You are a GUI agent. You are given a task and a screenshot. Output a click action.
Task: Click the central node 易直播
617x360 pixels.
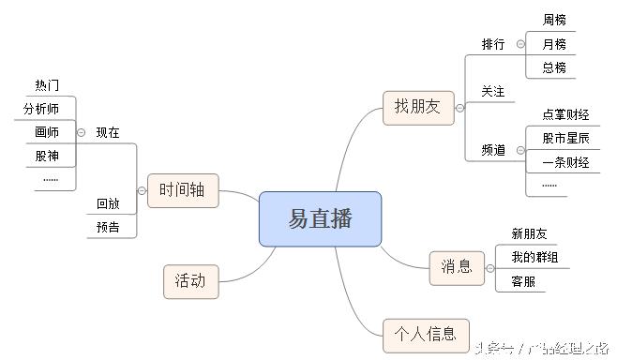pos(320,219)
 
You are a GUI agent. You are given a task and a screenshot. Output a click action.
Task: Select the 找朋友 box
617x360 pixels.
pos(418,108)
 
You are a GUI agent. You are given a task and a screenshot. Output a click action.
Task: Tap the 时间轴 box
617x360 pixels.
pos(183,191)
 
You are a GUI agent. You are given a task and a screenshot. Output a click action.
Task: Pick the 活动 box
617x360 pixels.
pos(190,280)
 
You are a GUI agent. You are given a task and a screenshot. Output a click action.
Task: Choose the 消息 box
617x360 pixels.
pos(457,268)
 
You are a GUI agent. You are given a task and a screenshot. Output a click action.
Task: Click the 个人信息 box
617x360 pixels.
pos(426,334)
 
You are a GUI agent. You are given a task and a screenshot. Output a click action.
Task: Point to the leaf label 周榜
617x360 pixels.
pos(554,20)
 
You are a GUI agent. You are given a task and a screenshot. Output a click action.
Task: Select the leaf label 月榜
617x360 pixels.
pos(554,44)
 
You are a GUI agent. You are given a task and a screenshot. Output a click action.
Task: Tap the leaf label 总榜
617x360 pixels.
pos(554,67)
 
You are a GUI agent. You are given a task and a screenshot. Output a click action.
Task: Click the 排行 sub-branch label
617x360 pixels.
pos(493,44)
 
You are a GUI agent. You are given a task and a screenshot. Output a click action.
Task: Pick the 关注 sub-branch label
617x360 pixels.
pos(493,91)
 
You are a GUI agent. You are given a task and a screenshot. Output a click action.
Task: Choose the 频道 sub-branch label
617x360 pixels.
pos(493,150)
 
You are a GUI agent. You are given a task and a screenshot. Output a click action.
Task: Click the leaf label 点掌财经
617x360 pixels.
pos(565,114)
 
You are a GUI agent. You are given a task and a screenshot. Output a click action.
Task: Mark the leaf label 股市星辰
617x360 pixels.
pos(565,138)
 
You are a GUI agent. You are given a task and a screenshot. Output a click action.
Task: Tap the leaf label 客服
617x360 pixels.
pos(523,280)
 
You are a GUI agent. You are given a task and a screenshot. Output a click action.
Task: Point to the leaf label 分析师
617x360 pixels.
pos(41,109)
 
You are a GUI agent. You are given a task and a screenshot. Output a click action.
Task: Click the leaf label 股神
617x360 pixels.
pos(47,156)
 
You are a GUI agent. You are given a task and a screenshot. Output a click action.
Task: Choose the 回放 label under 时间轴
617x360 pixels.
pos(108,203)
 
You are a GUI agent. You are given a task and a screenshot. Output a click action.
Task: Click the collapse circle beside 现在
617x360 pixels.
pos(82,132)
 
